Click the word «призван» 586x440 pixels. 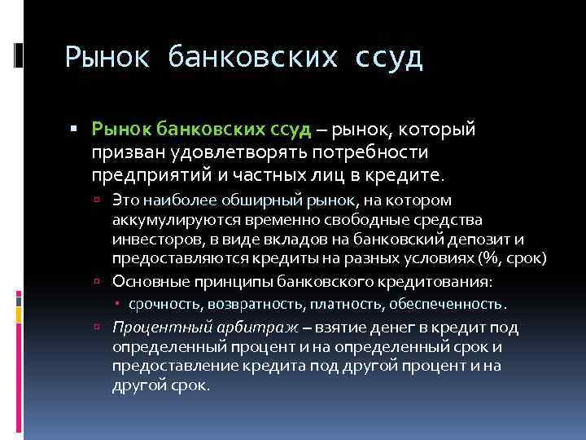[127, 152]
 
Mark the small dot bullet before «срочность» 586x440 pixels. [119, 305]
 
